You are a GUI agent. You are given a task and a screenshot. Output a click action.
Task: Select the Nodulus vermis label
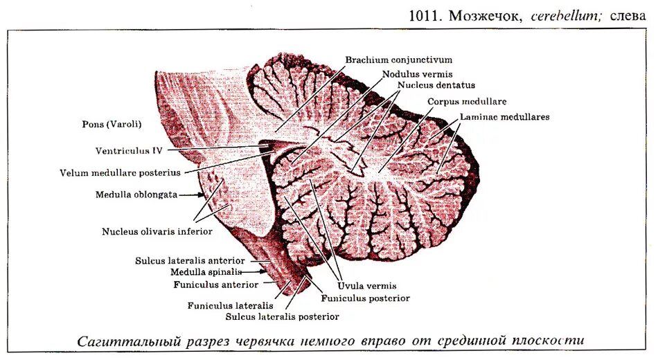click(x=416, y=73)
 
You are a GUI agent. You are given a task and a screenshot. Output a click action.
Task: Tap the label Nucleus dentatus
click(x=436, y=85)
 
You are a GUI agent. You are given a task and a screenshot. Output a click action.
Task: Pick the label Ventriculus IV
click(x=129, y=150)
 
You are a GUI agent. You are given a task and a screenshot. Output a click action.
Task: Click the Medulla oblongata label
click(x=136, y=195)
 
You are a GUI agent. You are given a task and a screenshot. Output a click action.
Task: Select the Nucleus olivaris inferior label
click(x=157, y=231)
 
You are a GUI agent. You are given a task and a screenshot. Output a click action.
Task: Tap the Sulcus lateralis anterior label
click(x=189, y=261)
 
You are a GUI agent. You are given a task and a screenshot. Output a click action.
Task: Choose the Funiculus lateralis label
click(x=229, y=305)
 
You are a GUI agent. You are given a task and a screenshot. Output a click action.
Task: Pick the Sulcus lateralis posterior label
click(x=282, y=316)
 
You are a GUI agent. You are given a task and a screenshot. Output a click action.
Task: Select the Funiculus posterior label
click(x=365, y=298)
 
